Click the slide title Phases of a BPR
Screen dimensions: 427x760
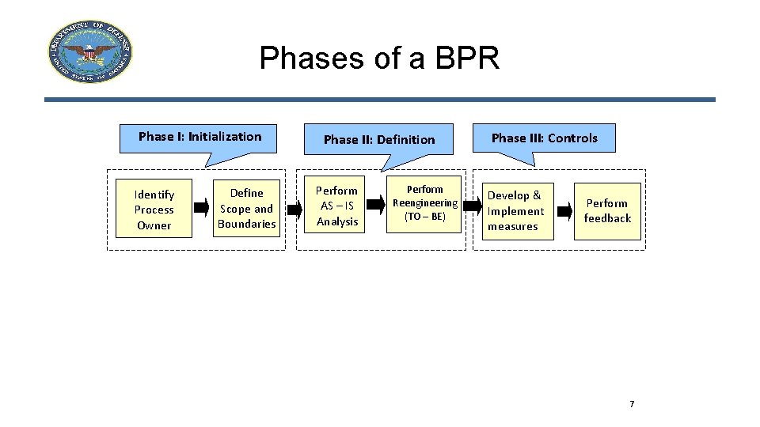tap(379, 58)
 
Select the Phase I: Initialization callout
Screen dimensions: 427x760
tap(199, 137)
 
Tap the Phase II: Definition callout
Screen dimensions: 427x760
tap(379, 139)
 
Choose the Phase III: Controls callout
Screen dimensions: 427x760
tap(544, 138)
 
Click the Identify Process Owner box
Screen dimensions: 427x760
tap(154, 210)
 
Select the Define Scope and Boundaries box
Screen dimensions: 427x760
tap(246, 208)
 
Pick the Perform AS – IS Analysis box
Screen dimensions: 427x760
tap(337, 206)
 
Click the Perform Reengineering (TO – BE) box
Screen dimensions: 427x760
tap(425, 203)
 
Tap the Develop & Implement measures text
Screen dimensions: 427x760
tap(515, 210)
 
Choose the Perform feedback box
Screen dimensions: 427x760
tap(607, 210)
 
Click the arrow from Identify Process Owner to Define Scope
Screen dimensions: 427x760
tap(203, 210)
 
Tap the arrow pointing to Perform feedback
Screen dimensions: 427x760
tap(563, 211)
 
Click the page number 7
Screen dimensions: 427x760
tap(632, 405)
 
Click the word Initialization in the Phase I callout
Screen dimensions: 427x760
tap(224, 137)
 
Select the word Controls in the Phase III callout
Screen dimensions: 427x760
tap(572, 138)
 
